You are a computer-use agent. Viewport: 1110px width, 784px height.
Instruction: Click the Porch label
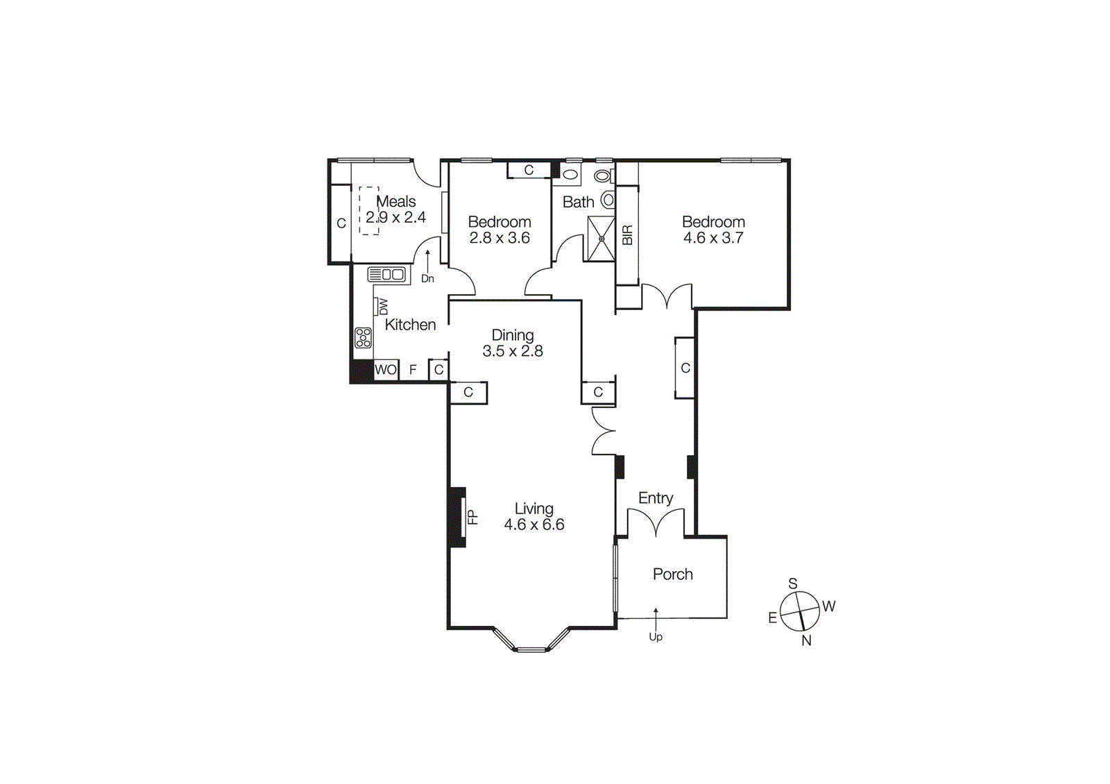pyautogui.click(x=672, y=574)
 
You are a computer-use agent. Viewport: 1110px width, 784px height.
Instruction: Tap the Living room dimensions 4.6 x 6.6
pyautogui.click(x=534, y=525)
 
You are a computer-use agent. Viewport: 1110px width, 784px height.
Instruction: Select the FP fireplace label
pyautogui.click(x=472, y=517)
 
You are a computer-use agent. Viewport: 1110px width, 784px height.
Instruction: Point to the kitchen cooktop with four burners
pyautogui.click(x=363, y=338)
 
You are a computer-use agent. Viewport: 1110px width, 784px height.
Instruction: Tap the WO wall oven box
pyautogui.click(x=386, y=370)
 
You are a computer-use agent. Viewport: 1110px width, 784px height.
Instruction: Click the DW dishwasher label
pyautogui.click(x=382, y=307)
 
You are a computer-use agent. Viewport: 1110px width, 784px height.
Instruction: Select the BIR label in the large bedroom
pyautogui.click(x=627, y=235)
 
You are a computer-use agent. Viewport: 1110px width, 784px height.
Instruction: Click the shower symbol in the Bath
pyautogui.click(x=601, y=239)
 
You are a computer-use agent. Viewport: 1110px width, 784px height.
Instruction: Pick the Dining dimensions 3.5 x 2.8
pyautogui.click(x=513, y=351)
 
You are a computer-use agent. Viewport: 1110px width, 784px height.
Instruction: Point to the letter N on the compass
pyautogui.click(x=806, y=640)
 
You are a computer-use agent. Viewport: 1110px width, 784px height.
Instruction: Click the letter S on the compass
pyautogui.click(x=792, y=583)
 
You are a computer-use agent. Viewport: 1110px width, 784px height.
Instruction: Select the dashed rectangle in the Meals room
pyautogui.click(x=369, y=210)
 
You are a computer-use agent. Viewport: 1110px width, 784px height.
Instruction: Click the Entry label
pyautogui.click(x=656, y=498)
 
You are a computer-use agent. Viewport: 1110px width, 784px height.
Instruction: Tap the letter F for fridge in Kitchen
pyautogui.click(x=413, y=370)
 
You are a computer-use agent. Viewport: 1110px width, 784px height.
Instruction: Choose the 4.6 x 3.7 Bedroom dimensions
pyautogui.click(x=713, y=238)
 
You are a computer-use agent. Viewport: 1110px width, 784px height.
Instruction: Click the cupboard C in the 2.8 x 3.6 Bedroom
pyautogui.click(x=529, y=170)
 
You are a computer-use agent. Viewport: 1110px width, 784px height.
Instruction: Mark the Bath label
pyautogui.click(x=578, y=202)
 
